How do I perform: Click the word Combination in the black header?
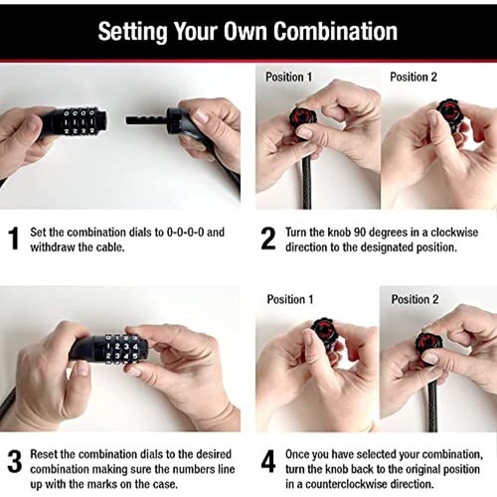coord(335,32)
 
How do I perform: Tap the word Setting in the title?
coord(132,33)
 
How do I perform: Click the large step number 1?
coord(13,239)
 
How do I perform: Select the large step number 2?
coord(267,239)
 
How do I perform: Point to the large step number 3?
coord(15,461)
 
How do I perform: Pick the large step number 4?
coord(268,461)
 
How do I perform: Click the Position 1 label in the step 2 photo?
coord(288,77)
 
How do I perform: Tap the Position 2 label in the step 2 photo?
coord(414,77)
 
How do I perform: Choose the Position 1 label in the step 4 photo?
coord(290,299)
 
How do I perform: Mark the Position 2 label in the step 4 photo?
coord(414,299)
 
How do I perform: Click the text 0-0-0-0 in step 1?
coord(185,232)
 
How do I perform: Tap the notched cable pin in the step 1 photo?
coord(147,120)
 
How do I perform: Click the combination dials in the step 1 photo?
coord(80,122)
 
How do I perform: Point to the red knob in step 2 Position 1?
coord(301,117)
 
